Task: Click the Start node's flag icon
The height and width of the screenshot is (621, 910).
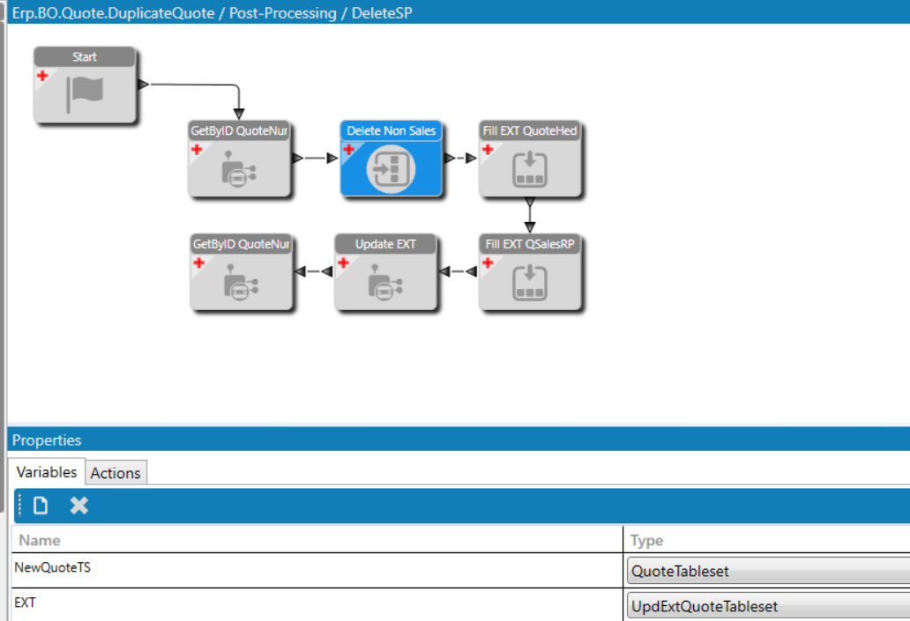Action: (x=86, y=94)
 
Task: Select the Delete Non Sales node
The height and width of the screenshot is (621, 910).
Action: (x=392, y=159)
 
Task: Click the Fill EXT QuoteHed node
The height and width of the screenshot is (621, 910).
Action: (x=530, y=159)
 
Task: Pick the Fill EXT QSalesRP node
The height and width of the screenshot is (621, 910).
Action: (x=530, y=272)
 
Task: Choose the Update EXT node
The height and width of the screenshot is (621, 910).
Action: (x=385, y=272)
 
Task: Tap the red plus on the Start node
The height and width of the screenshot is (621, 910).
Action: (x=42, y=76)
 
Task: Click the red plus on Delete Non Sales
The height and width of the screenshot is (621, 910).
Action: (x=349, y=150)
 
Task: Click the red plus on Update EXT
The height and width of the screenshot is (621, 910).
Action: (x=343, y=262)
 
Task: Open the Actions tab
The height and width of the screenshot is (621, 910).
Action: (x=116, y=473)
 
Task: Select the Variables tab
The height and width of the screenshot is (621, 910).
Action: (x=47, y=472)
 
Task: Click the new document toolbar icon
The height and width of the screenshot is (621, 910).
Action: (x=41, y=506)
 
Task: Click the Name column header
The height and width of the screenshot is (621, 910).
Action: (x=40, y=541)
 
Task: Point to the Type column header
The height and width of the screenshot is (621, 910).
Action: (x=646, y=541)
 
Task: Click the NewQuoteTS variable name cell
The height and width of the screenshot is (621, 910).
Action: (x=52, y=567)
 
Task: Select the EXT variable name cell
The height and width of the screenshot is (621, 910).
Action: (x=25, y=603)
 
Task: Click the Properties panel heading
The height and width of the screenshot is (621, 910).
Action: (x=47, y=440)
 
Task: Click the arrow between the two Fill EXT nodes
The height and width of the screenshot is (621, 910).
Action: (x=530, y=215)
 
